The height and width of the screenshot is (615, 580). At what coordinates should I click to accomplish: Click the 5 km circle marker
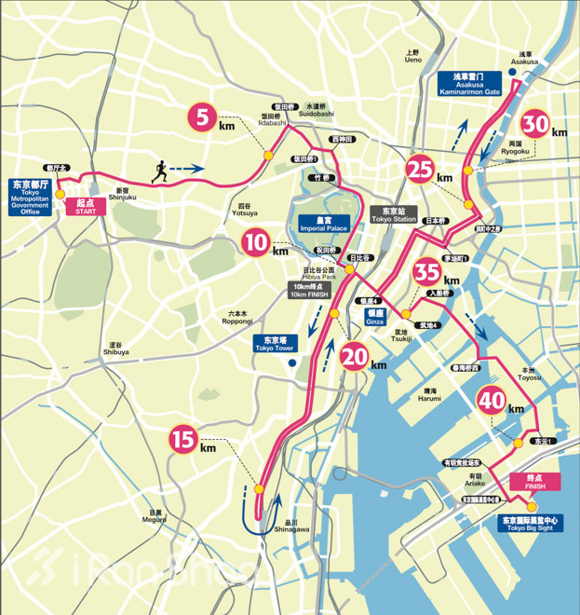pyautogui.click(x=202, y=117)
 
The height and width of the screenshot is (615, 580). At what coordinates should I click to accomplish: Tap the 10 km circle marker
pyautogui.click(x=256, y=244)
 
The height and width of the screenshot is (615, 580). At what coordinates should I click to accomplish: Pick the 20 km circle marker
pyautogui.click(x=355, y=358)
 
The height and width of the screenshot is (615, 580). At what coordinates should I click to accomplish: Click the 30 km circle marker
pyautogui.click(x=534, y=124)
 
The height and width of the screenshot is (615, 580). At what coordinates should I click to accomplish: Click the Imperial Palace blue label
pyautogui.click(x=323, y=225)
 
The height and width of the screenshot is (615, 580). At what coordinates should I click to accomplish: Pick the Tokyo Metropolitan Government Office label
pyautogui.click(x=30, y=197)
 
